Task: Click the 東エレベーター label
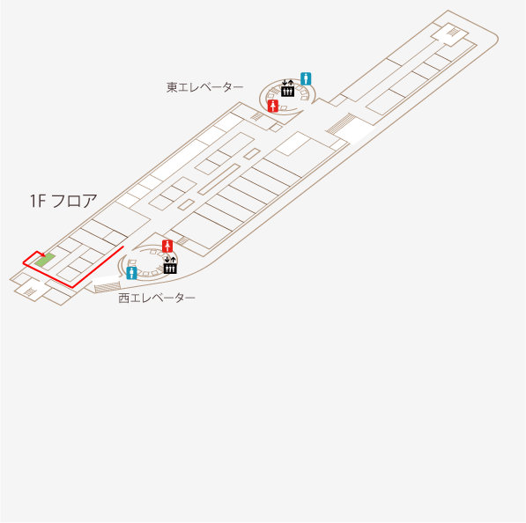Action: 204,87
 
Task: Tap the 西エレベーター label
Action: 157,298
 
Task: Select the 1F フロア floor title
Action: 63,201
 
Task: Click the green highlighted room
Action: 45,260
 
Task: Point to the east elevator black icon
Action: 287,89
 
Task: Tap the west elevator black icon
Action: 170,265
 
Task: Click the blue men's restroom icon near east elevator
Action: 306,78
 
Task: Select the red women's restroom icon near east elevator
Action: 273,106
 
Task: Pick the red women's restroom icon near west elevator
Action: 167,246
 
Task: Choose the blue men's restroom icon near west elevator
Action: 131,273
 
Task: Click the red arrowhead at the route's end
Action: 43,255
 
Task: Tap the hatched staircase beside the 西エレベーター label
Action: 107,288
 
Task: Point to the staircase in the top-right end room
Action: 453,32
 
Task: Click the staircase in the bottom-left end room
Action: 30,292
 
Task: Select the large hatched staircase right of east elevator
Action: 341,123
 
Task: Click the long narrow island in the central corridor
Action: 219,180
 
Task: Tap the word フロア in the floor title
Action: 75,201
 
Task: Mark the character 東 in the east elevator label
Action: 172,87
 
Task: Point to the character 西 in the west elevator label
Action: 123,298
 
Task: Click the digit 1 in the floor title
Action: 33,201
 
